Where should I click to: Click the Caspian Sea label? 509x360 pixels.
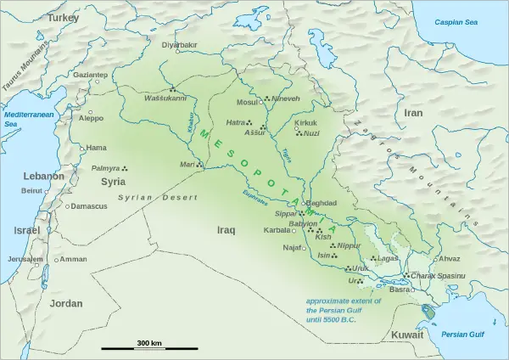point(459,21)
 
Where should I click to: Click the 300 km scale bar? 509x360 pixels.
point(149,347)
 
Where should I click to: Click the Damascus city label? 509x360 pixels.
point(89,206)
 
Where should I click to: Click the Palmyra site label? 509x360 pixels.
point(106,169)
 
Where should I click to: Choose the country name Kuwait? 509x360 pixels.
point(406,336)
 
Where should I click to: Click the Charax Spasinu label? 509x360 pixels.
point(438,276)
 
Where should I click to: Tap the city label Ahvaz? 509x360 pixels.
point(447,258)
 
